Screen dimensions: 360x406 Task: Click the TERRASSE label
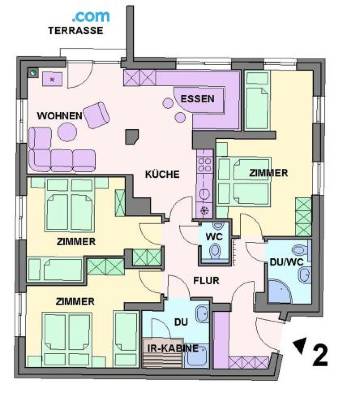[75, 30]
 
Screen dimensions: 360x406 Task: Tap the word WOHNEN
[60, 116]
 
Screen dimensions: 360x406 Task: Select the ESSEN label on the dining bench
[198, 99]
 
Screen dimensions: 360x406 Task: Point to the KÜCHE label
[162, 174]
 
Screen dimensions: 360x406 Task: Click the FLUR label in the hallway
[206, 281]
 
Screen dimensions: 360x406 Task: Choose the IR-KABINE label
[173, 348]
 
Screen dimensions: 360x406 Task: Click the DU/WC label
[287, 262]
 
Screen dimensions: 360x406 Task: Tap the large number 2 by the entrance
[320, 355]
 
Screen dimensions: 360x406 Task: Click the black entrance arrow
[300, 345]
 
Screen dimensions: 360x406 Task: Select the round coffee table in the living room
[67, 132]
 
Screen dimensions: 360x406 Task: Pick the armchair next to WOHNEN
[97, 115]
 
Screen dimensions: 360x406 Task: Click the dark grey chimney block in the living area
[132, 137]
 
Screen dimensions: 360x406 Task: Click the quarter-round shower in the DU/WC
[279, 291]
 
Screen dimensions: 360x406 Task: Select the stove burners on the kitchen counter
[204, 164]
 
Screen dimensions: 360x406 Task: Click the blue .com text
[91, 16]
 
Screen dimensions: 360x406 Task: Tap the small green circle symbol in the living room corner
[33, 72]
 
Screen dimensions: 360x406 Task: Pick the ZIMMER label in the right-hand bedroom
[268, 173]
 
